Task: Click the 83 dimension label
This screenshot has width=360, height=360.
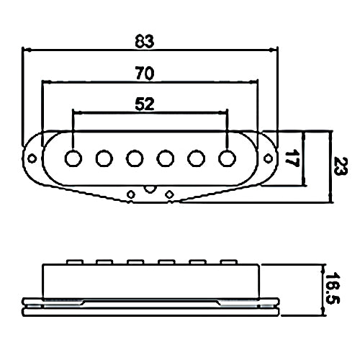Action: [x=144, y=41]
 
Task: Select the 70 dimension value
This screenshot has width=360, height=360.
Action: [x=145, y=73]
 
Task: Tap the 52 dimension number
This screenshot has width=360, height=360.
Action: [x=144, y=104]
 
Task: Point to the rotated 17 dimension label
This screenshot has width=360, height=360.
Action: [x=292, y=158]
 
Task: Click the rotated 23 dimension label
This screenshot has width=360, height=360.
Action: [x=341, y=166]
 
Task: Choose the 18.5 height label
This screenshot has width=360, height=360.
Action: [x=333, y=289]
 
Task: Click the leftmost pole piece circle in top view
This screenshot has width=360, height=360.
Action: [x=73, y=158]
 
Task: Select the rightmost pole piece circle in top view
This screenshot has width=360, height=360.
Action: [x=227, y=158]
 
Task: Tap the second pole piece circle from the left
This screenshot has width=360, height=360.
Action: [x=104, y=158]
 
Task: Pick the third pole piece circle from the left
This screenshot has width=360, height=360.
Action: [x=135, y=158]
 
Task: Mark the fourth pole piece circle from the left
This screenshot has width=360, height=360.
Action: [x=166, y=158]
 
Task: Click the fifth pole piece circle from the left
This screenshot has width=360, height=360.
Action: [x=197, y=158]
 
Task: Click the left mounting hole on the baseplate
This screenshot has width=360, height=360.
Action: [x=32, y=158]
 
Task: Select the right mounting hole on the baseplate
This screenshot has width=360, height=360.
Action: [x=268, y=158]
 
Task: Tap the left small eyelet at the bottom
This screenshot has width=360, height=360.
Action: [x=131, y=194]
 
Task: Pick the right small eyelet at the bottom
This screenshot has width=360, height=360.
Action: [x=170, y=194]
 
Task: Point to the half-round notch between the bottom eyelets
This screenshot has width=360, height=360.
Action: [x=150, y=189]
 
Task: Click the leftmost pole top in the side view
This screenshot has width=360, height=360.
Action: [x=75, y=262]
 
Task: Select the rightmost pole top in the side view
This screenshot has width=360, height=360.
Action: [x=229, y=262]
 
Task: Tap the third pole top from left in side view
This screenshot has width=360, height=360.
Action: [x=135, y=262]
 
